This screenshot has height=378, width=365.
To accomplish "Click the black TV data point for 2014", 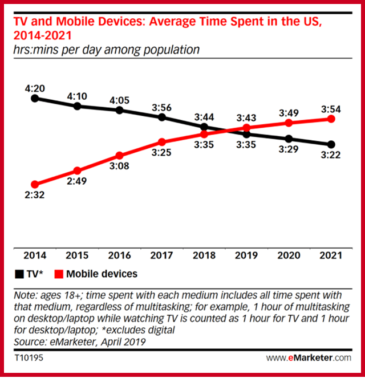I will (35, 98).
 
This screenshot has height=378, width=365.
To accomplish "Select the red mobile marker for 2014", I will (35, 185).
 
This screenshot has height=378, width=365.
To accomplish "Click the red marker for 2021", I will (331, 119).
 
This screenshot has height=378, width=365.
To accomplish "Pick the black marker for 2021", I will (331, 144).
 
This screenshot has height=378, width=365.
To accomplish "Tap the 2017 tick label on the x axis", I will (162, 256).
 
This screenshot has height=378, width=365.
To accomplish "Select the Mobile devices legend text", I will (102, 274).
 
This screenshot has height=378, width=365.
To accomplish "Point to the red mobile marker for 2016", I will (120, 155).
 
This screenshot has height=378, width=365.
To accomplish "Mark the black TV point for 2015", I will (78, 105).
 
